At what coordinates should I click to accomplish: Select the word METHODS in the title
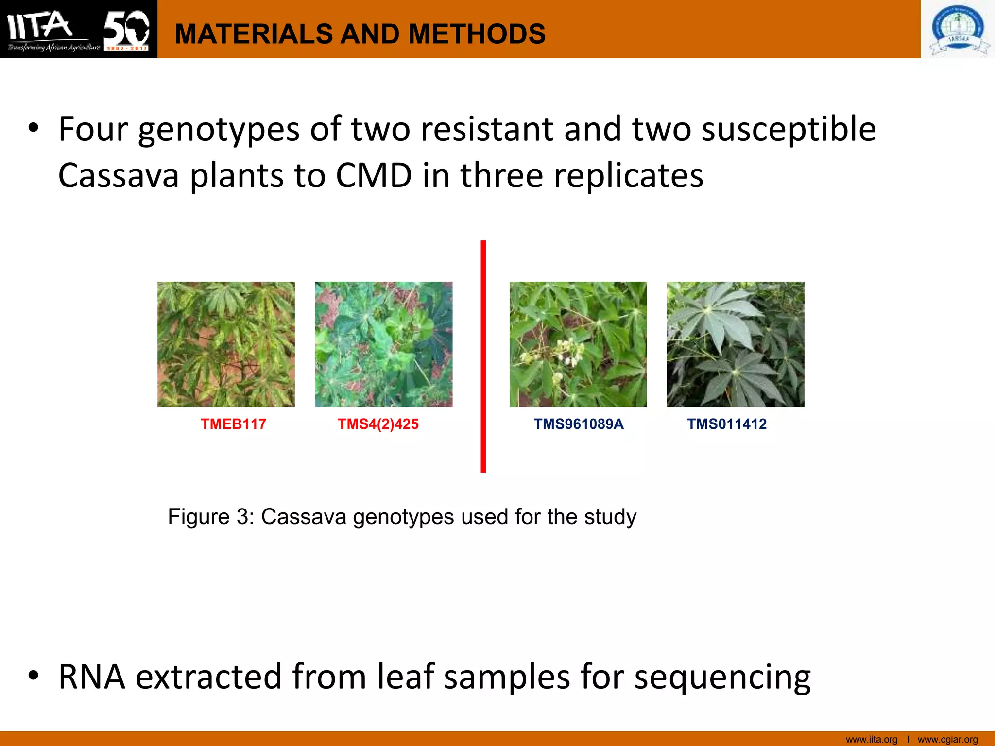tap(477, 34)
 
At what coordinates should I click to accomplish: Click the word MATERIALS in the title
tap(253, 34)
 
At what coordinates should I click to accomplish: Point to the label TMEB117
tap(233, 424)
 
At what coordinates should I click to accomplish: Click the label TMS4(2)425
tap(378, 424)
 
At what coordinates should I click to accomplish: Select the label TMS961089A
tap(578, 424)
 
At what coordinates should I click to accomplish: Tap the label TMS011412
tap(726, 424)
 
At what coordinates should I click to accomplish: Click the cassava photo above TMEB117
tap(226, 344)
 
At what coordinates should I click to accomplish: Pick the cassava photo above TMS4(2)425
tap(383, 344)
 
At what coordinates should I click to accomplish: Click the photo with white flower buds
tap(578, 344)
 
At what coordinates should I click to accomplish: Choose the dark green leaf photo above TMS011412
tap(735, 344)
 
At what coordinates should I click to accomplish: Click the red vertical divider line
tap(483, 356)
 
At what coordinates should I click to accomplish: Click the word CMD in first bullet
tap(374, 175)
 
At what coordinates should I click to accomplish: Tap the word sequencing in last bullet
tap(722, 677)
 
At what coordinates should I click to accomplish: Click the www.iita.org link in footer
tap(872, 739)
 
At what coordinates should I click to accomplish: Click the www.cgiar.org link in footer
tap(947, 739)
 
